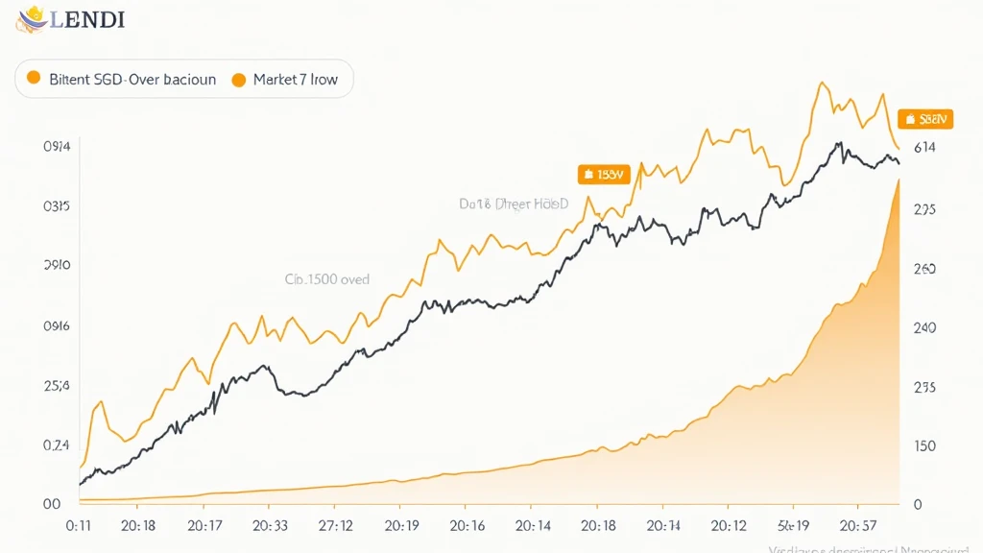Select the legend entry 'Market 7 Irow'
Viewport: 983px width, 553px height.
(x=296, y=80)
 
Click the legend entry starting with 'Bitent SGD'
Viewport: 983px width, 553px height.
(x=132, y=80)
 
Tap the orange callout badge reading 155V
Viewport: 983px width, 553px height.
(x=602, y=174)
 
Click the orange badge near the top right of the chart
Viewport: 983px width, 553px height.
(x=925, y=119)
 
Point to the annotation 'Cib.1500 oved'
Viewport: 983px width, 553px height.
(x=327, y=279)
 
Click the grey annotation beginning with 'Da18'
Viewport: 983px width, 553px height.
(x=514, y=204)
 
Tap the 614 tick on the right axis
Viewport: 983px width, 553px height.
(x=924, y=147)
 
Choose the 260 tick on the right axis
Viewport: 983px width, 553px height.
(x=924, y=270)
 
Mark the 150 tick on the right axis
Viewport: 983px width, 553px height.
(x=924, y=446)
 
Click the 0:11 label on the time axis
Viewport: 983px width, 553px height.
(x=78, y=526)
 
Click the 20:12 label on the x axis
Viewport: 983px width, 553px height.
(x=728, y=526)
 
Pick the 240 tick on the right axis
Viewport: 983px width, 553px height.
(x=924, y=328)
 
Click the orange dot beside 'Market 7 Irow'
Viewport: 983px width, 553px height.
(x=239, y=80)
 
